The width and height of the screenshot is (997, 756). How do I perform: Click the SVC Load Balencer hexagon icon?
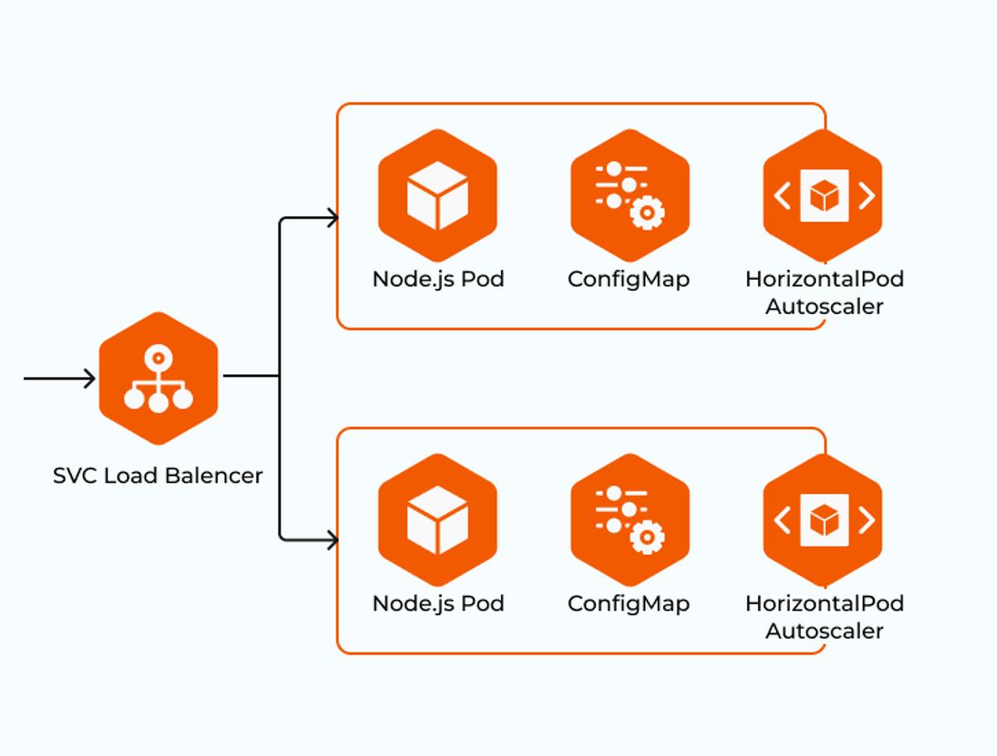tap(159, 378)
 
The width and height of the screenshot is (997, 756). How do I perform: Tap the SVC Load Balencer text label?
tap(158, 476)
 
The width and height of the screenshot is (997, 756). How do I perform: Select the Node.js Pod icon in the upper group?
tap(437, 196)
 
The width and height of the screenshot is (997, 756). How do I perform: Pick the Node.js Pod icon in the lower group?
tap(437, 520)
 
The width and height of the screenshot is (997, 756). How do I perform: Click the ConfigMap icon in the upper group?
tap(630, 196)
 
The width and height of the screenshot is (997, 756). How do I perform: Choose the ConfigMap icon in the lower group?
tap(630, 520)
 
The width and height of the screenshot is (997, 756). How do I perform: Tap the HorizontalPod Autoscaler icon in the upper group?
tap(823, 196)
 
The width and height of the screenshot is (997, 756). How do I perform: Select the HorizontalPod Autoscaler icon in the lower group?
tap(823, 520)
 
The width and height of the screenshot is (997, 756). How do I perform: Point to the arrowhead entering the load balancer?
tap(90, 378)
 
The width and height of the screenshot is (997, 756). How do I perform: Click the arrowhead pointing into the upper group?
tap(333, 218)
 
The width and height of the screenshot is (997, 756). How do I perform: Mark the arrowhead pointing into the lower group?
tap(333, 540)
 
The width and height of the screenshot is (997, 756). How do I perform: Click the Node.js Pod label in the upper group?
tap(439, 280)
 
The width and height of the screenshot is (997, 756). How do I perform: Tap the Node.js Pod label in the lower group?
tap(439, 604)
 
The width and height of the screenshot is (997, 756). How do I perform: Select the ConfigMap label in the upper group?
tap(629, 280)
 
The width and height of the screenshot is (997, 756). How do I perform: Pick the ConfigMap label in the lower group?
tap(629, 604)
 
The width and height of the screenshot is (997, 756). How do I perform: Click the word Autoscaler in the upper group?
tap(824, 307)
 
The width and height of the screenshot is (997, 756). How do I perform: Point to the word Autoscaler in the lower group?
tap(824, 631)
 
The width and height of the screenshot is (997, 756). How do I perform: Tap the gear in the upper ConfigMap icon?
tap(647, 212)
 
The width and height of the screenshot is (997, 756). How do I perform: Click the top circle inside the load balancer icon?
tap(158, 358)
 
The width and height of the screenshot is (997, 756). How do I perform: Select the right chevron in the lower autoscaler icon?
tap(867, 520)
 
